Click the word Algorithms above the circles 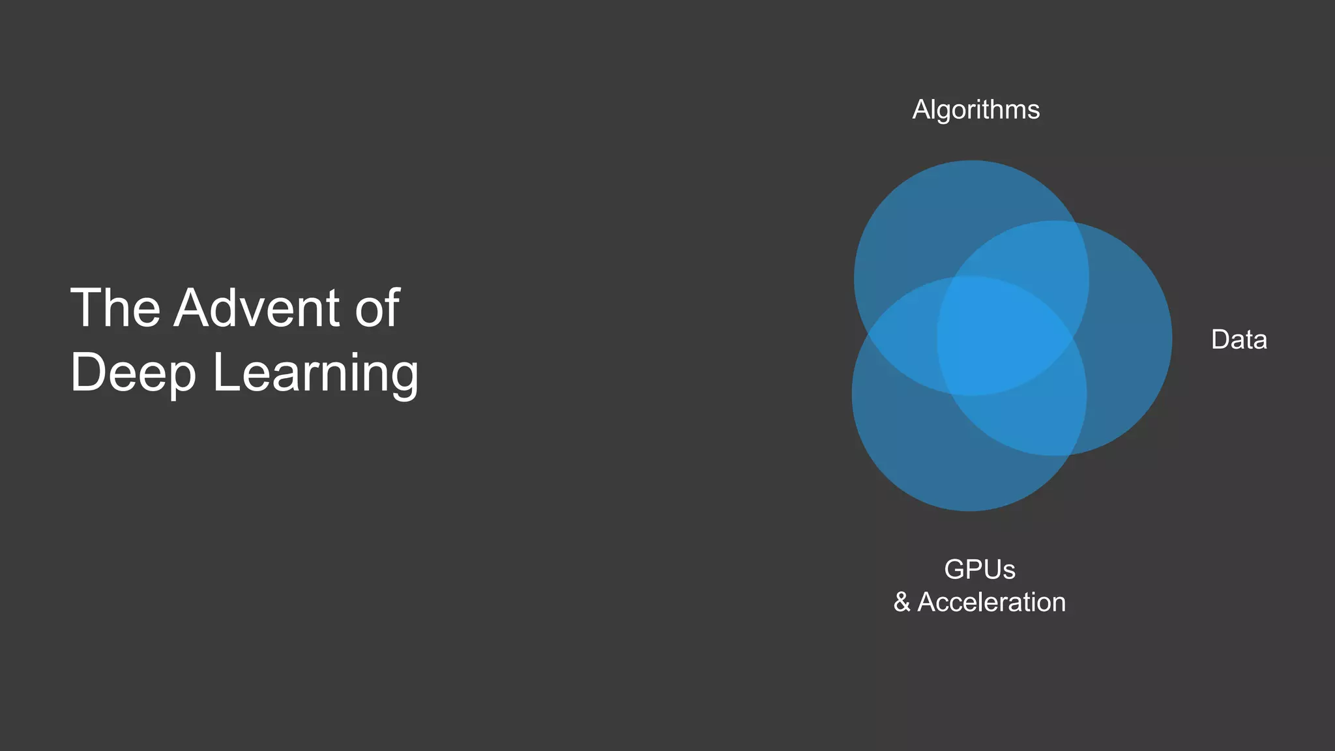tap(976, 110)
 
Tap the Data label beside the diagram tap(1239, 340)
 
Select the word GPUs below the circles tap(979, 569)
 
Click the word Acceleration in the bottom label tap(991, 602)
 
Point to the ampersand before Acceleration tap(902, 602)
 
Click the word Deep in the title tap(133, 373)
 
